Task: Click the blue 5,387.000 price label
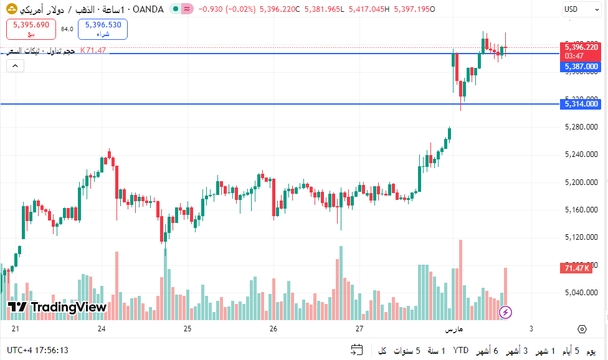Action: click(x=581, y=67)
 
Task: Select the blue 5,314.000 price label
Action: click(x=581, y=104)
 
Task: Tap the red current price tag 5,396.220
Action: click(x=581, y=47)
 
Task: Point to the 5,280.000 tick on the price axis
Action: click(x=581, y=127)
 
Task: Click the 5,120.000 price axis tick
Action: click(x=581, y=237)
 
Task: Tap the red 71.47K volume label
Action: click(x=576, y=268)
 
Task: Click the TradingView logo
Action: click(x=58, y=307)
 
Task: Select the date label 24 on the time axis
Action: click(x=102, y=329)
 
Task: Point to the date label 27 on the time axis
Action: click(x=359, y=329)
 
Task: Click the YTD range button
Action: click(x=461, y=351)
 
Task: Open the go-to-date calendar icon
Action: click(x=357, y=350)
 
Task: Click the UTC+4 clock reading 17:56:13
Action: click(x=38, y=351)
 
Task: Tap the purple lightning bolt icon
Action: click(x=506, y=311)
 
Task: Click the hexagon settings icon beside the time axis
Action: click(x=582, y=329)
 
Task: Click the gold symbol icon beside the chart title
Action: click(x=11, y=9)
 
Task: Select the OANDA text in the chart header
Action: click(x=148, y=9)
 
